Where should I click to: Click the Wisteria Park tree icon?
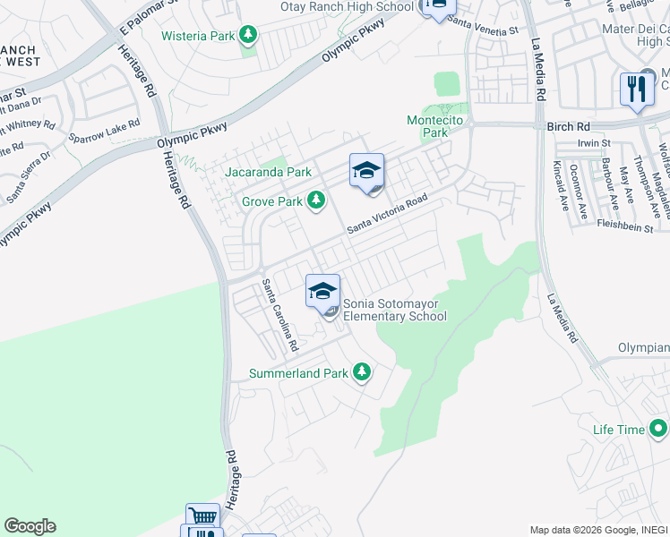(x=248, y=36)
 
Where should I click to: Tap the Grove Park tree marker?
(x=315, y=201)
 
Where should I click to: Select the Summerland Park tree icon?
(x=361, y=372)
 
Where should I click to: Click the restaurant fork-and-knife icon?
(x=637, y=89)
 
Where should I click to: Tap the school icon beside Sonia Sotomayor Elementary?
(x=322, y=291)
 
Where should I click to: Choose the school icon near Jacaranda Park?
(x=366, y=170)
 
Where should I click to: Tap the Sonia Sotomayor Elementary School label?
(x=394, y=310)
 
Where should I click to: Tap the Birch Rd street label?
(x=569, y=127)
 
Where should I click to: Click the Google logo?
(x=30, y=526)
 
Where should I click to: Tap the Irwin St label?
(x=594, y=143)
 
